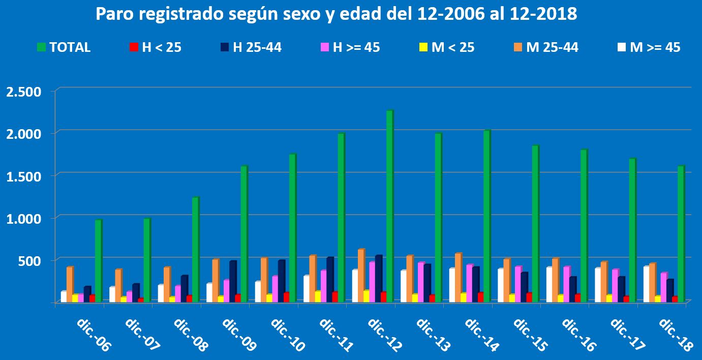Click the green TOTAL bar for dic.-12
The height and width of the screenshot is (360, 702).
(x=389, y=206)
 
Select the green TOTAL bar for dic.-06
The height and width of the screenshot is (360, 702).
(x=98, y=261)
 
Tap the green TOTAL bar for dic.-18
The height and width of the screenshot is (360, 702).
(x=681, y=234)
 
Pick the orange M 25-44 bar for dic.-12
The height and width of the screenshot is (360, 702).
(x=361, y=275)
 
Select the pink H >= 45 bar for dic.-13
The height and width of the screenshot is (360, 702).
(x=420, y=282)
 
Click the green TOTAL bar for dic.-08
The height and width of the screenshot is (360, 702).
(x=195, y=250)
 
